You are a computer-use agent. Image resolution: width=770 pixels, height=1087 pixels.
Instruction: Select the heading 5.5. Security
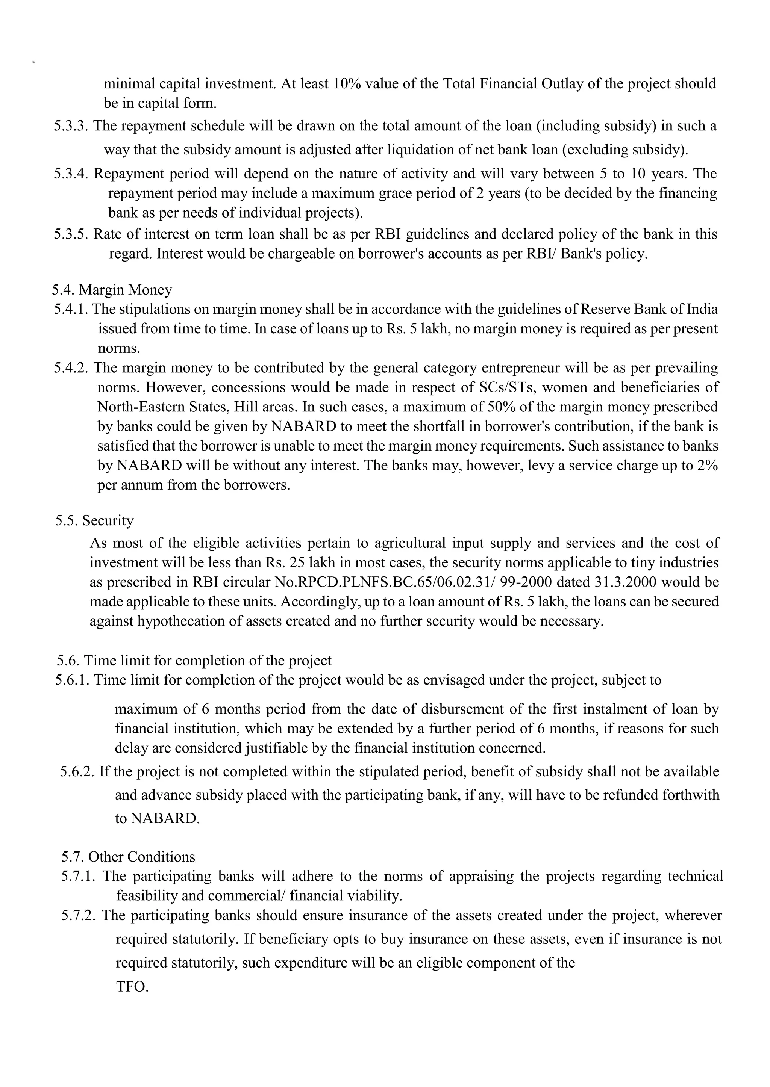pos(94,520)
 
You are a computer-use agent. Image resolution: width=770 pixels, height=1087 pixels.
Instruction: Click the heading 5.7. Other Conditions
pos(128,857)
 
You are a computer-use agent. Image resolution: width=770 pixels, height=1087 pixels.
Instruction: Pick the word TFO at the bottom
pos(132,987)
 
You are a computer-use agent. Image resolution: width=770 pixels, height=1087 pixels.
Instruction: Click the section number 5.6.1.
pos(72,680)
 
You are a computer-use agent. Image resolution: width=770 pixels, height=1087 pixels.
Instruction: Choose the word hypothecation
pos(180,621)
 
